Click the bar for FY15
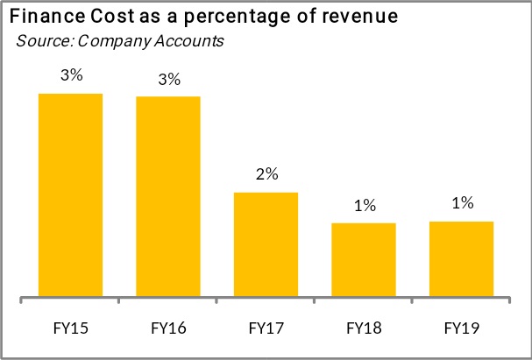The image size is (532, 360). tap(71, 195)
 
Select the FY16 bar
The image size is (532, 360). tap(168, 197)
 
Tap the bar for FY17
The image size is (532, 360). tap(266, 245)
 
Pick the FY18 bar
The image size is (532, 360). tap(364, 260)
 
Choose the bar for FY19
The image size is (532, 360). tap(461, 259)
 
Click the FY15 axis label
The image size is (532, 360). tap(71, 328)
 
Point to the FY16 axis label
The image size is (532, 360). tap(168, 328)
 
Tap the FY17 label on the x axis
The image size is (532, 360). tap(266, 328)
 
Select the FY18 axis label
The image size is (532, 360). tap(364, 328)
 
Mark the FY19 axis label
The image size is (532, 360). tap(461, 328)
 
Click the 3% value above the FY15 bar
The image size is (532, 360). tap(72, 76)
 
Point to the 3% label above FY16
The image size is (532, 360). tap(169, 80)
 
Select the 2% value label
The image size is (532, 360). tap(266, 174)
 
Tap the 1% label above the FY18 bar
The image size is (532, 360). tap(365, 206)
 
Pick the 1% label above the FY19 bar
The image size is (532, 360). tap(462, 204)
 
